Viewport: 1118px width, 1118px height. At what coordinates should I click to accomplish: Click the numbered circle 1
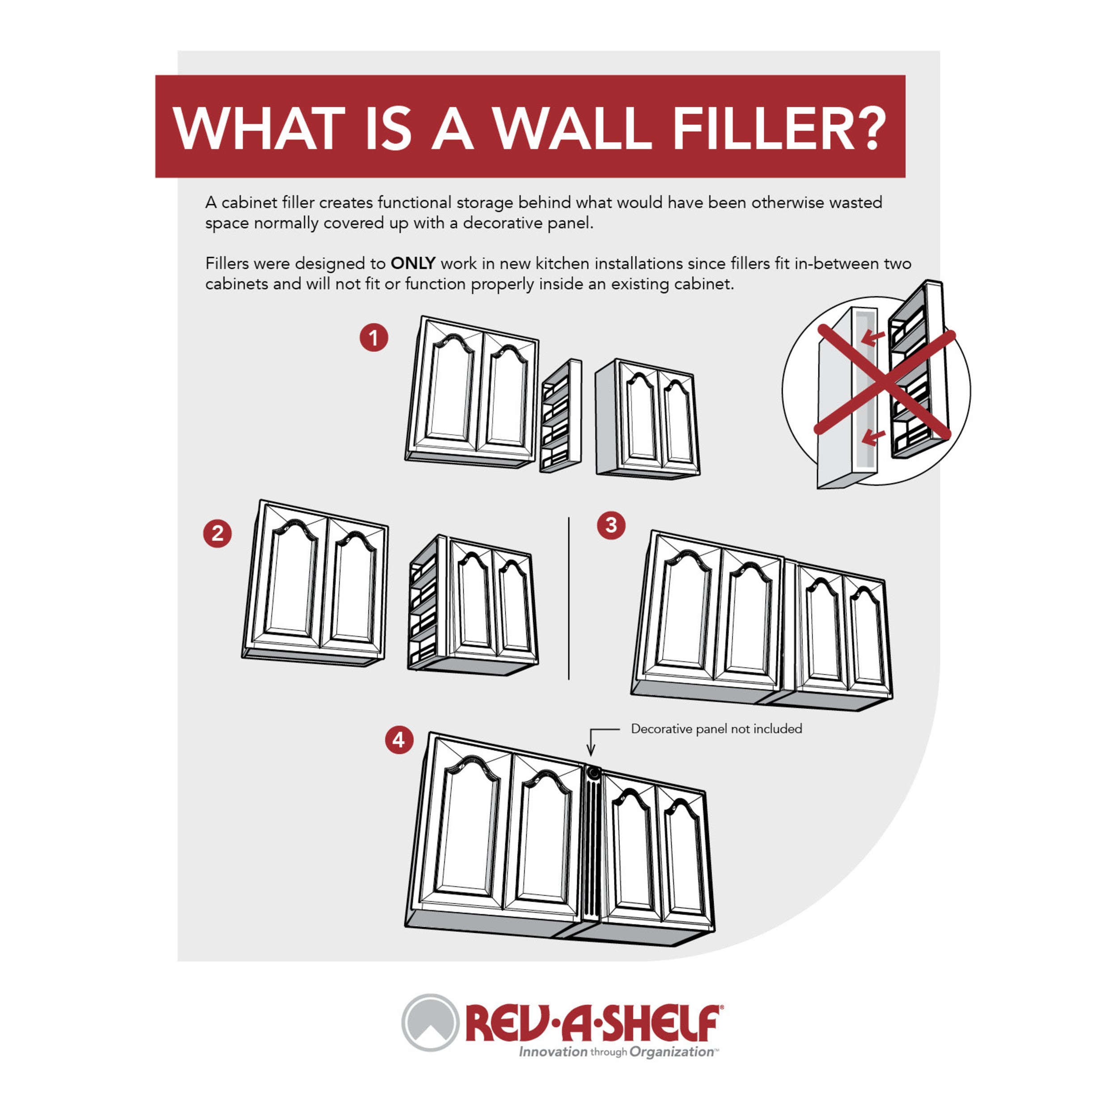[x=373, y=337]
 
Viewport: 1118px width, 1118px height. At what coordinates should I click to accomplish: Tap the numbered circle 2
[x=217, y=533]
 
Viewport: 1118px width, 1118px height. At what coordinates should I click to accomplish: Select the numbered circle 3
[x=611, y=525]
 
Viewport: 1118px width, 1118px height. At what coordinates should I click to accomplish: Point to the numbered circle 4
[x=399, y=740]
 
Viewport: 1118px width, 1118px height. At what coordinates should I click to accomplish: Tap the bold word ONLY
[x=413, y=263]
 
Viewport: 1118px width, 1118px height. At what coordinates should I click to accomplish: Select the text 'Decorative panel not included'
[x=716, y=728]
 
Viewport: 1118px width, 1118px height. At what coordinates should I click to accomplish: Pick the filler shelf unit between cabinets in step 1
[x=561, y=415]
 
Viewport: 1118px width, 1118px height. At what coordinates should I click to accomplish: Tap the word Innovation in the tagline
[x=553, y=1051]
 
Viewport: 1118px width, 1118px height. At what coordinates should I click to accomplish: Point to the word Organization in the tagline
[x=671, y=1051]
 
